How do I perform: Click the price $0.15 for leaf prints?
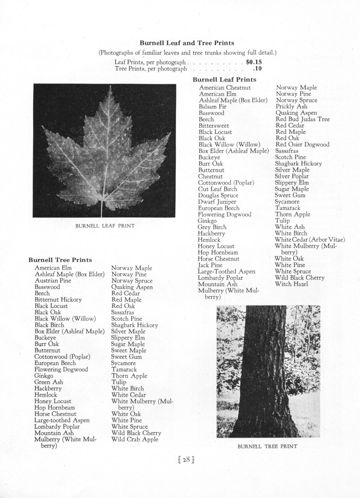(x=254, y=62)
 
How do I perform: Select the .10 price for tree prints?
(x=257, y=69)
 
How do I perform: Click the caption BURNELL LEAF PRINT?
(x=105, y=226)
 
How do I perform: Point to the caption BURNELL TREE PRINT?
(x=267, y=446)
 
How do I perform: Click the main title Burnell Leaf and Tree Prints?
(x=187, y=43)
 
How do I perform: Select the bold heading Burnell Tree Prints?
(x=60, y=260)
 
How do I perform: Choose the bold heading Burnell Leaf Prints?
(x=224, y=80)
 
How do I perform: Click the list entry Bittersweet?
(x=214, y=126)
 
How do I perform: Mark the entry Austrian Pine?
(x=53, y=281)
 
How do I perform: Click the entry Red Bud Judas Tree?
(x=303, y=119)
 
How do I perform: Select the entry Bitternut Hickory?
(x=58, y=300)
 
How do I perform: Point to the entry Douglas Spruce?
(x=218, y=195)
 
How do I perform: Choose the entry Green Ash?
(x=49, y=382)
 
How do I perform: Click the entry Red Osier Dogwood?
(x=302, y=144)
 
